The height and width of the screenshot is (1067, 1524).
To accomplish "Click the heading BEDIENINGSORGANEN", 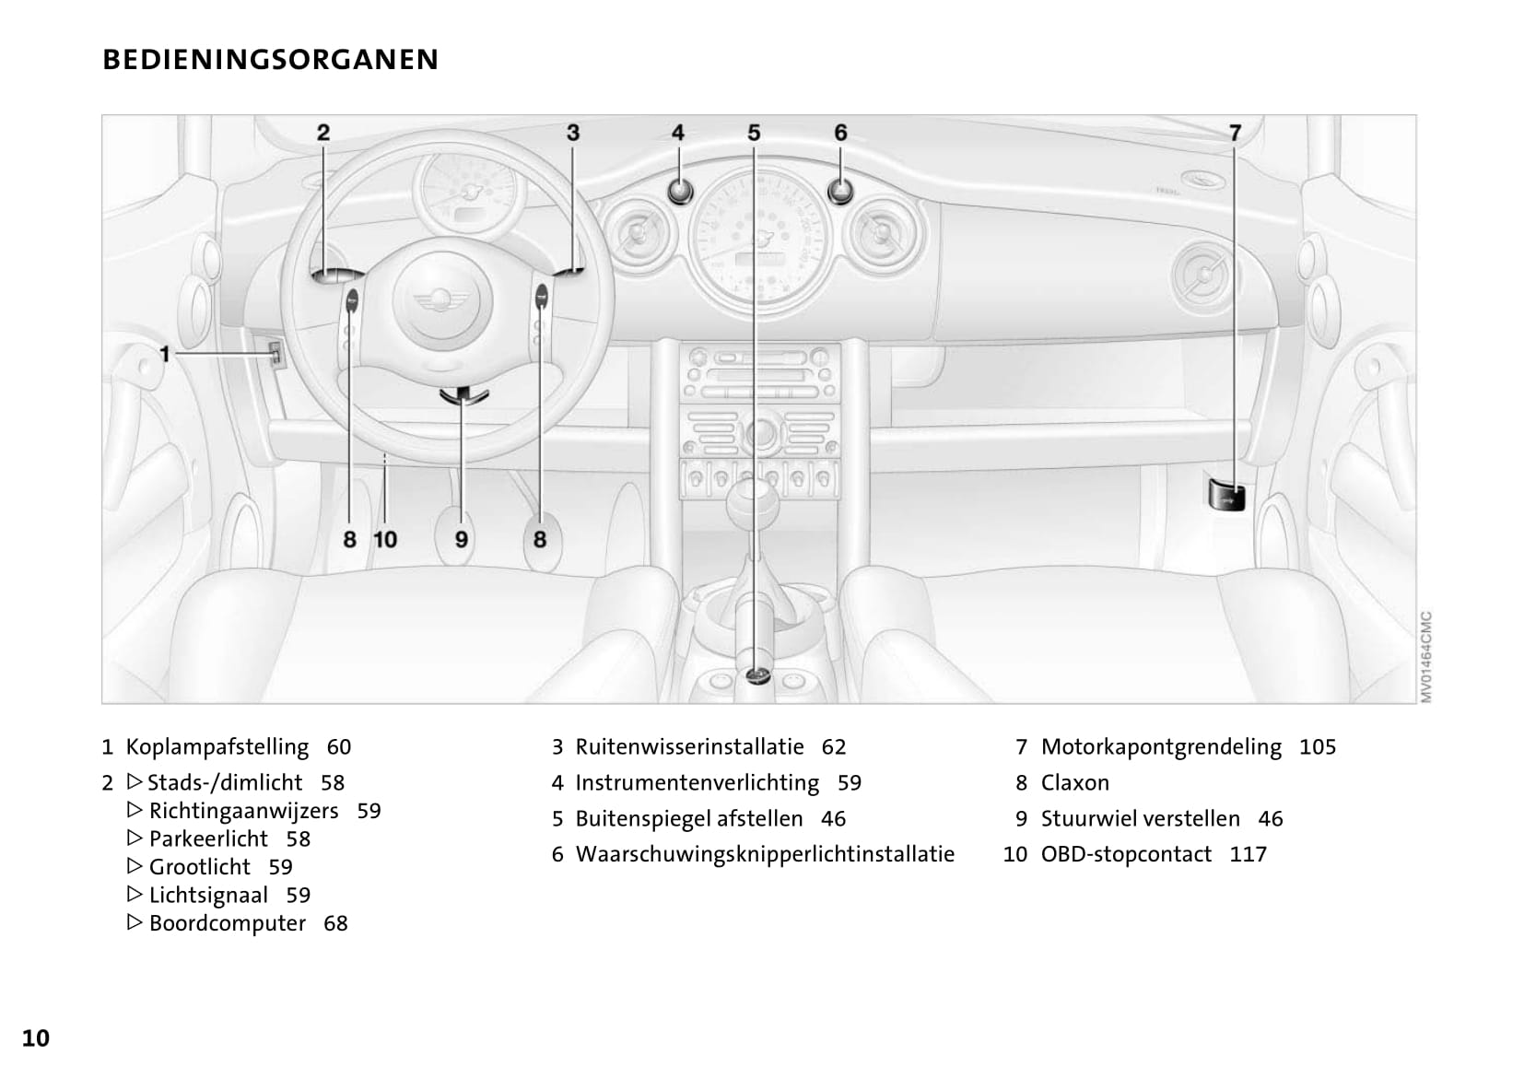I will (x=270, y=60).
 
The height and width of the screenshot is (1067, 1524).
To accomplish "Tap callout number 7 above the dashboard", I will (x=1235, y=133).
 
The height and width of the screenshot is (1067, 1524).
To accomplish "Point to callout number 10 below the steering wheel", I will (x=385, y=539).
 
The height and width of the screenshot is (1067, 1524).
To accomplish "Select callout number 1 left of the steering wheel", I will (x=165, y=354).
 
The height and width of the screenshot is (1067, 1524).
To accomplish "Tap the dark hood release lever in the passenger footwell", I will (x=1225, y=494).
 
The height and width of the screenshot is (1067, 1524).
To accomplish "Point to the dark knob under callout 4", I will (x=678, y=192).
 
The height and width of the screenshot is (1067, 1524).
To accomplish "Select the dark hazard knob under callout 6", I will (x=840, y=192).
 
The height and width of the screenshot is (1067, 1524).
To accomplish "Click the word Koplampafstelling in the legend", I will (x=217, y=747).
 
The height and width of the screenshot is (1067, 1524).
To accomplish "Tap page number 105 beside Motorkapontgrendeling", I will (x=1317, y=747).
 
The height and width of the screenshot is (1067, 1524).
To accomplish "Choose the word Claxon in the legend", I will (x=1074, y=783).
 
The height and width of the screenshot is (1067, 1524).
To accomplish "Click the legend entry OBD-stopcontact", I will (x=1125, y=854).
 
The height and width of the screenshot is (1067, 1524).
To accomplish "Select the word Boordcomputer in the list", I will (x=227, y=923).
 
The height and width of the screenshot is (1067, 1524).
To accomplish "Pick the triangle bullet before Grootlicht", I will (x=135, y=866).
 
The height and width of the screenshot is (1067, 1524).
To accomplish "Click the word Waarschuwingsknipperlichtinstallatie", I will (x=765, y=854).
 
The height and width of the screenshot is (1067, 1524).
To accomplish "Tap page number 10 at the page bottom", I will (x=36, y=1038).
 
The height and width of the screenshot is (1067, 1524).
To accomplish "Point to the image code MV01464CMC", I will (x=1425, y=656).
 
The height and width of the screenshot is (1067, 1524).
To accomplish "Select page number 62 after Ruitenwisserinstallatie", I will (x=833, y=747).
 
